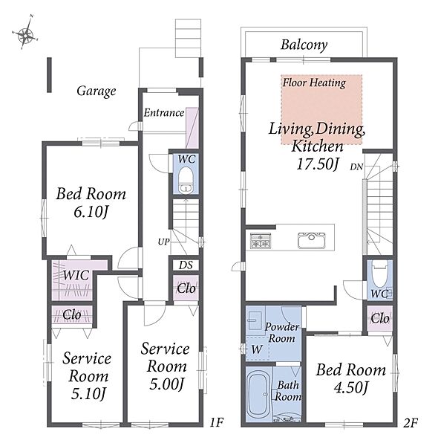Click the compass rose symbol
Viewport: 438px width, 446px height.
click(25, 34)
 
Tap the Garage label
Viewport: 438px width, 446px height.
click(97, 91)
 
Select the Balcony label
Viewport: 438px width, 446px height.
click(304, 45)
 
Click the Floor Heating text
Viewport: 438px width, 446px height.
click(314, 83)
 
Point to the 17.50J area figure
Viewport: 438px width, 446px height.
click(318, 164)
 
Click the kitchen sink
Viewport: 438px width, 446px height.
click(311, 240)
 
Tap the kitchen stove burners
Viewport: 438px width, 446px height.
click(261, 241)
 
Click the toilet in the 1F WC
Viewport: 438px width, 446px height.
click(186, 180)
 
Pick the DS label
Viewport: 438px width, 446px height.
click(186, 265)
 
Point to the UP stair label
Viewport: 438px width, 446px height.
click(163, 242)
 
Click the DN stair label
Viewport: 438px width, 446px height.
click(357, 167)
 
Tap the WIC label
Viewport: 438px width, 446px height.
click(76, 275)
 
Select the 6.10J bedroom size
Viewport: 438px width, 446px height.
click(91, 212)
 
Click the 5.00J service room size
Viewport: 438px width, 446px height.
click(167, 384)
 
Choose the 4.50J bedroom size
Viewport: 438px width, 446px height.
click(351, 388)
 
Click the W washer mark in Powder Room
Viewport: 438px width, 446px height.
click(257, 349)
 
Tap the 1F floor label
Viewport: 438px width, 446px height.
click(217, 422)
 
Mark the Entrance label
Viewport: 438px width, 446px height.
click(164, 113)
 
